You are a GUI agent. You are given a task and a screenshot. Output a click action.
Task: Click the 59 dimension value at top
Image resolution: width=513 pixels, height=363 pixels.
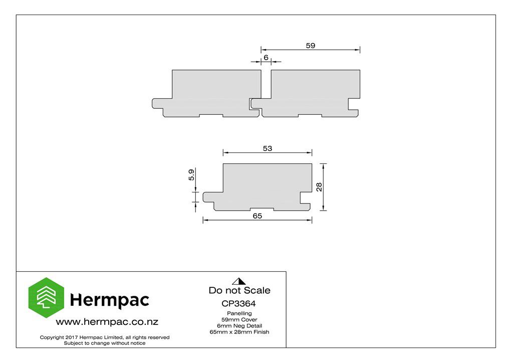[311, 46]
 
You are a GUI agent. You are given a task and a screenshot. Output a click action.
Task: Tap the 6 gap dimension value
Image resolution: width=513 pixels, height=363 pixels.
[266, 58]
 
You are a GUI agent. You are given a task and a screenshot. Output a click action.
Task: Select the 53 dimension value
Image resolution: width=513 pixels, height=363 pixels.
[268, 148]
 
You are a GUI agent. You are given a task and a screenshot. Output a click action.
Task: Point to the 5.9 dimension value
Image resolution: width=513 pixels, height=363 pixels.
[191, 175]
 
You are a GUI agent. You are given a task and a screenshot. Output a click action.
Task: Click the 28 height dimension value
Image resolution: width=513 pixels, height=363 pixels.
[319, 187]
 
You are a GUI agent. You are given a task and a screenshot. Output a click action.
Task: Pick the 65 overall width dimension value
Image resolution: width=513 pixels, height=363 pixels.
[258, 216]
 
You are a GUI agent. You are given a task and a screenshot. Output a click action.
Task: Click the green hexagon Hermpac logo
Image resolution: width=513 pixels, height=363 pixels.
[46, 298]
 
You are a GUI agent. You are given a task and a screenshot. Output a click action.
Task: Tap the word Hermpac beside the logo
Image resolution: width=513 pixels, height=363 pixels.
[110, 300]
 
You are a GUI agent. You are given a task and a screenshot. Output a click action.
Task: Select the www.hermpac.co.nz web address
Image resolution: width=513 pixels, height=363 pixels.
[107, 322]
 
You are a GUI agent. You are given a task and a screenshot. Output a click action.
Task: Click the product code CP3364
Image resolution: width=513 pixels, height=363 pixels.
[239, 304]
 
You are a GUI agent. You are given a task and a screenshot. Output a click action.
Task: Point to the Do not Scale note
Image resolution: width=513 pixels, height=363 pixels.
[239, 291]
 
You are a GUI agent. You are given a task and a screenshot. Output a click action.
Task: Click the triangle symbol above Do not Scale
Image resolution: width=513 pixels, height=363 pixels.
[239, 281]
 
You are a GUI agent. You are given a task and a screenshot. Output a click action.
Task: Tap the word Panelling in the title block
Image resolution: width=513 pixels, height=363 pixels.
[239, 313]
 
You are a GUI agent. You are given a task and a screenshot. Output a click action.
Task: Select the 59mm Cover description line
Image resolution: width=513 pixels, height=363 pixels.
[239, 320]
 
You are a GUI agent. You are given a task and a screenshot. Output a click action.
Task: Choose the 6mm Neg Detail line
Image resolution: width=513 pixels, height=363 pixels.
[239, 326]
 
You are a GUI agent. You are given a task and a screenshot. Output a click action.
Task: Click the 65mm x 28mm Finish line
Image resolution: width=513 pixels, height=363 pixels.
[239, 332]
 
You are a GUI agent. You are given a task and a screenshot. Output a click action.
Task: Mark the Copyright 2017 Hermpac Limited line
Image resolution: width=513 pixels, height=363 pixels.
[105, 337]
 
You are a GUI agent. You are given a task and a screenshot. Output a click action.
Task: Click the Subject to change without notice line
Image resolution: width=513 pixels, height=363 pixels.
[105, 343]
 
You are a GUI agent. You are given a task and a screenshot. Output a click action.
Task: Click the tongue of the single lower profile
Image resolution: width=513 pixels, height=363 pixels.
[212, 197]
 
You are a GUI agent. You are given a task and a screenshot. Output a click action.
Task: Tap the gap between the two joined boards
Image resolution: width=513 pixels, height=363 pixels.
[266, 84]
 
